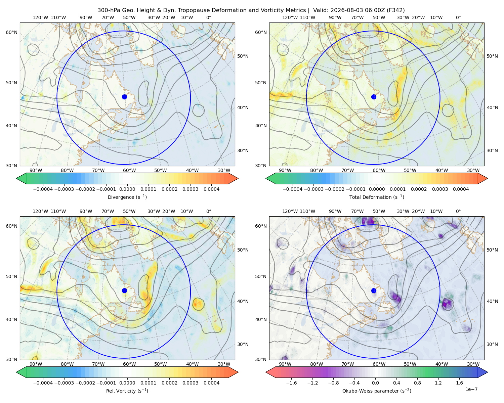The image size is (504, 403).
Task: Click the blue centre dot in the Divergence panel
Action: [x=124, y=97]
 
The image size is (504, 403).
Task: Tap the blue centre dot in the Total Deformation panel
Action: [x=374, y=97]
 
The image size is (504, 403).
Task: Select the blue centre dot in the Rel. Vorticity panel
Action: [x=124, y=290]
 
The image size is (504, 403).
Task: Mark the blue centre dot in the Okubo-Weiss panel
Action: [x=374, y=290]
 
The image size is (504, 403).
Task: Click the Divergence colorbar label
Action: [x=127, y=197]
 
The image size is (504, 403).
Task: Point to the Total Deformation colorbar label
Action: [x=377, y=197]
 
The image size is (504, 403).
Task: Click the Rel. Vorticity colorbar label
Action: [x=127, y=391]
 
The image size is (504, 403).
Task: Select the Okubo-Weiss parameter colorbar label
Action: [x=377, y=391]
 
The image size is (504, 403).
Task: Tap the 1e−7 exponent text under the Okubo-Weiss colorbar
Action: [x=471, y=389]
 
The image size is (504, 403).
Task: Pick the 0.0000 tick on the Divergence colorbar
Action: [x=127, y=189]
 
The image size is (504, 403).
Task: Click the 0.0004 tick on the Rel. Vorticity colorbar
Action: [x=211, y=383]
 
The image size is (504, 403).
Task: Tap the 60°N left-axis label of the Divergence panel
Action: [x=11, y=32]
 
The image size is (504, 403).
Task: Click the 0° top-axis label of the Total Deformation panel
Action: [x=458, y=17]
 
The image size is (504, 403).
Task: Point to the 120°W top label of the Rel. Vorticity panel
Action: [x=40, y=211]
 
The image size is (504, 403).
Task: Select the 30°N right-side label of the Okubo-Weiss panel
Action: [x=492, y=344]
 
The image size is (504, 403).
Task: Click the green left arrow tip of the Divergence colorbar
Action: [x=17, y=178]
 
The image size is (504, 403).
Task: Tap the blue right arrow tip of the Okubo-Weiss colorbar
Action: [x=487, y=372]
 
